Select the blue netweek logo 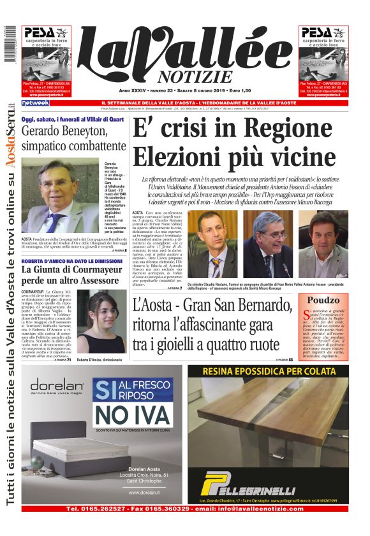click(35, 103)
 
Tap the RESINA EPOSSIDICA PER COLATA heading click(267, 372)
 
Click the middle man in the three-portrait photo click(270, 242)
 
